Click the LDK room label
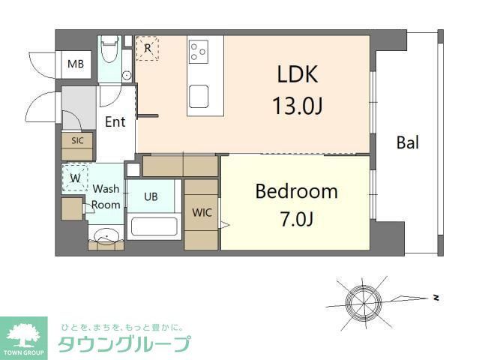[298, 74]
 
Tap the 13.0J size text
[298, 106]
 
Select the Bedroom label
[296, 191]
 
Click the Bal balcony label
[408, 142]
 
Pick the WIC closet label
[202, 212]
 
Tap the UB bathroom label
[151, 196]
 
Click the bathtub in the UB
[152, 226]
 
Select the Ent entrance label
[115, 121]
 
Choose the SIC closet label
[77, 140]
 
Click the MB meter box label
[76, 64]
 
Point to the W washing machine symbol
[75, 179]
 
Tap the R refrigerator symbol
[148, 48]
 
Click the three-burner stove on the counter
[199, 51]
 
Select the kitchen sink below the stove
[199, 96]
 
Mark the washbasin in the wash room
[107, 238]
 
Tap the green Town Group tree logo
[24, 334]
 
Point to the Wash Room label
[106, 196]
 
